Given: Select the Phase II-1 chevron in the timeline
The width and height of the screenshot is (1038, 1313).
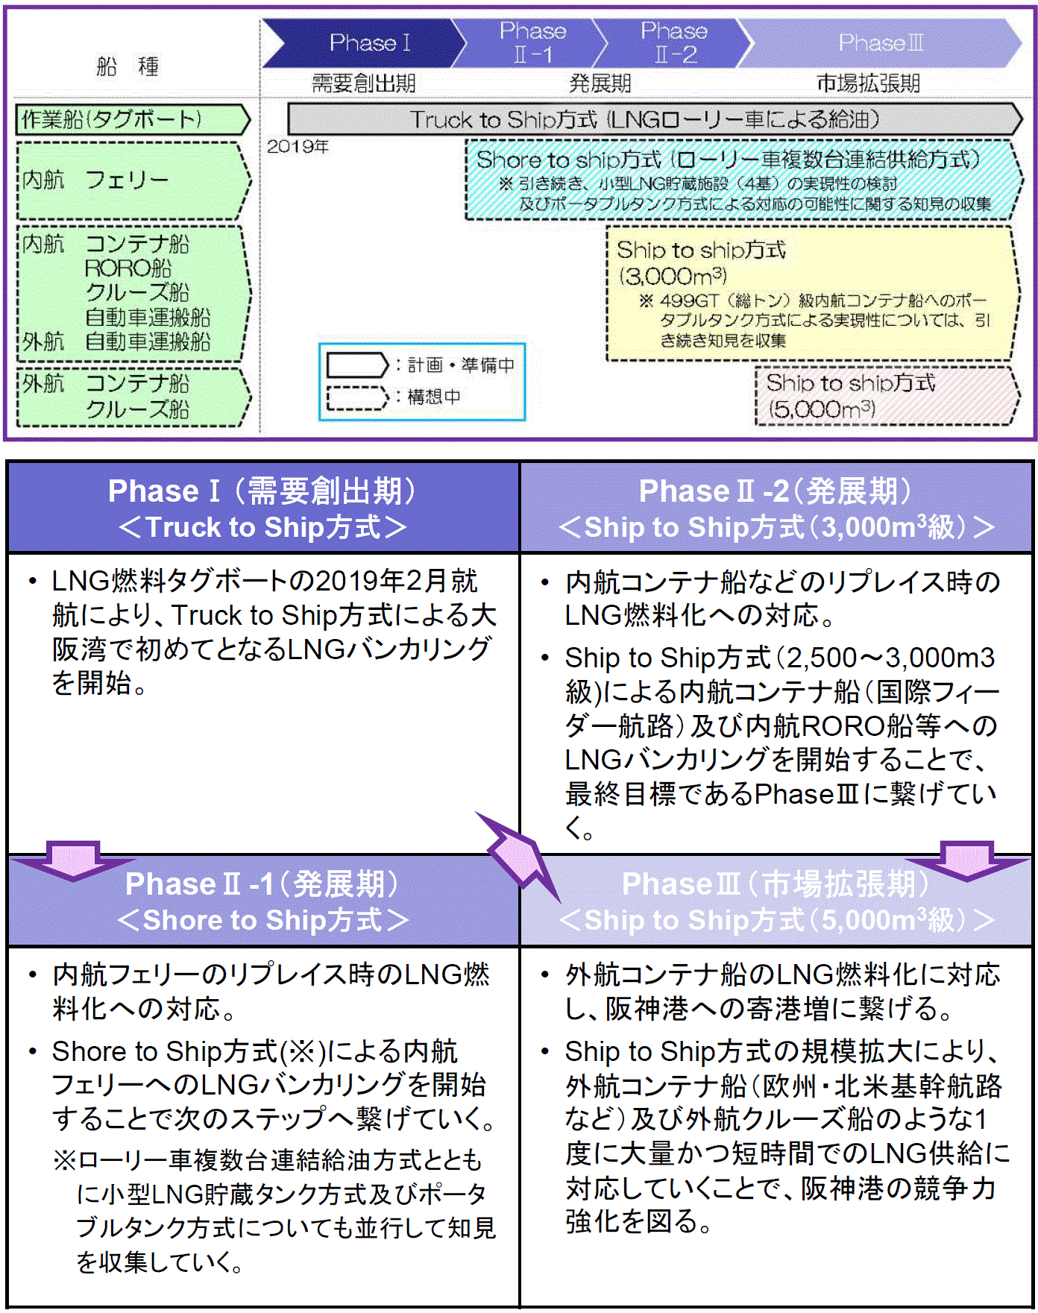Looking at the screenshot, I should pos(531,42).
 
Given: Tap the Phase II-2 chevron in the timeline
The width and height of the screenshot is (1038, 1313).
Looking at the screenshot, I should pos(673,42).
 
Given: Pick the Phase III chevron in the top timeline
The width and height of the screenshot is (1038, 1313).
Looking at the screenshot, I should pos(880,42).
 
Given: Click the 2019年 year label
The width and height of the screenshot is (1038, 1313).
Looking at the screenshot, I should pos(298,146).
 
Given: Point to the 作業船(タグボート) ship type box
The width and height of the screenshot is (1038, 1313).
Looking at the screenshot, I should pos(130,119).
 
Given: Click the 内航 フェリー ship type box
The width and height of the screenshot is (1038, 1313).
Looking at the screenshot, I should pos(130,180).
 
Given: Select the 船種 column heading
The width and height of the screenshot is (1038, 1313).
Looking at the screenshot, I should pos(128,67).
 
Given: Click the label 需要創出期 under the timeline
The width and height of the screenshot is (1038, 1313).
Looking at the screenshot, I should pos(363,83).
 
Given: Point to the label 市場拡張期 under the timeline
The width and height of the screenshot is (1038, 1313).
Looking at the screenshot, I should pos(868,83).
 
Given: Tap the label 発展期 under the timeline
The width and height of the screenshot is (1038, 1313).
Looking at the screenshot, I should pos(600,83).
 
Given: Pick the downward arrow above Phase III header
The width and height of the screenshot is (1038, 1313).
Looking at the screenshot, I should pos(967,860).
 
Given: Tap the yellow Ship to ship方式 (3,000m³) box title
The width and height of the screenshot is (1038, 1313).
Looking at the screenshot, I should pos(701,251).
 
